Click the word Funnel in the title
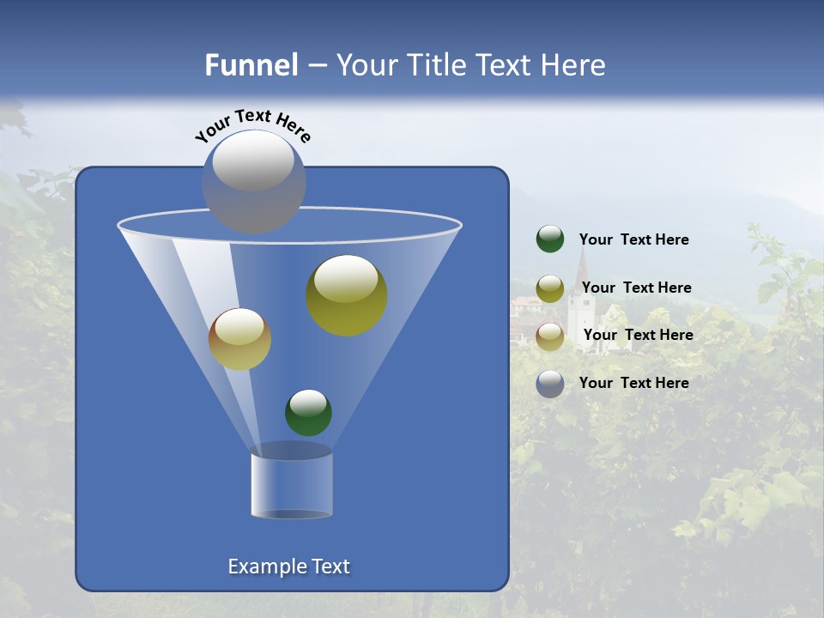tap(251, 65)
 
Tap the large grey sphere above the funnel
tap(253, 182)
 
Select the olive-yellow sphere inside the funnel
tap(347, 296)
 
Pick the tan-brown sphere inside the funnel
tap(239, 339)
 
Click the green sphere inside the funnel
tap(308, 413)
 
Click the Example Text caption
tap(288, 566)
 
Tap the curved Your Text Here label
tap(252, 124)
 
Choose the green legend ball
tap(550, 239)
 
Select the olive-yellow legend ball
tap(550, 288)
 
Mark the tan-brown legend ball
tap(550, 336)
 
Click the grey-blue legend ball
tap(550, 384)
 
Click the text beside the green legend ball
tap(633, 240)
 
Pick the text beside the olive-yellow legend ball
tap(636, 288)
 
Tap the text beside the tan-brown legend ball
tap(638, 336)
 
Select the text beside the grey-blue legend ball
tap(633, 384)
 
